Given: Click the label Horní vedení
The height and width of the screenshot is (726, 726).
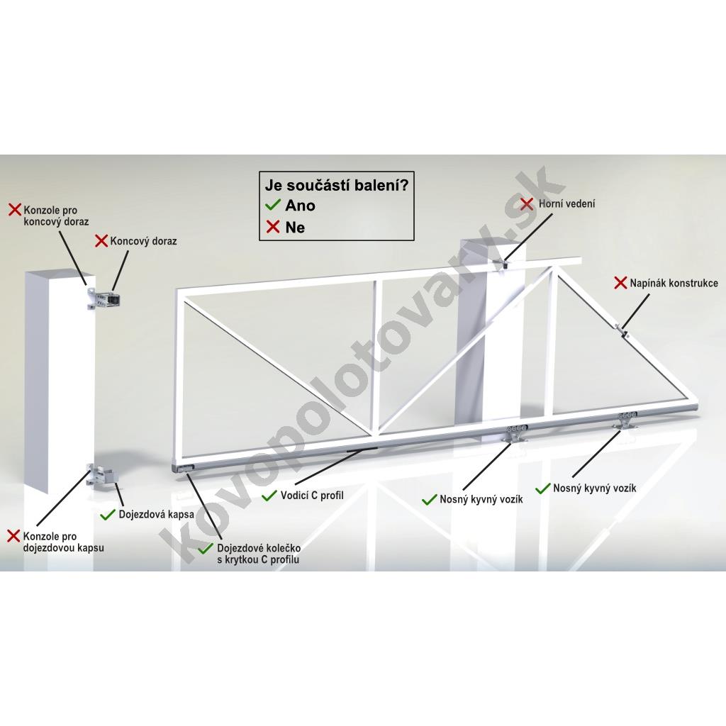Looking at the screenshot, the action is point(566,203).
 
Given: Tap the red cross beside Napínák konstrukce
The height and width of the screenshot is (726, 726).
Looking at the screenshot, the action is point(620,283).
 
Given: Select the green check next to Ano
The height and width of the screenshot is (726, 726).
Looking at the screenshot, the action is point(273,204).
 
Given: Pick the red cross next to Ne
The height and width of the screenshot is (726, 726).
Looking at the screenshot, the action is point(273,227).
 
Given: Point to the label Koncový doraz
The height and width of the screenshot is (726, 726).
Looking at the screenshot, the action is point(143,241).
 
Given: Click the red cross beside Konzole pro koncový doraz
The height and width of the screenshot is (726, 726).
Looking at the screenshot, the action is point(16,209).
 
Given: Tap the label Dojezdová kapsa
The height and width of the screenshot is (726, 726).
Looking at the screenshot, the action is point(156,515).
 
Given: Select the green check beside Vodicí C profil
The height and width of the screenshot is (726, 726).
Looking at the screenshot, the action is point(269,496).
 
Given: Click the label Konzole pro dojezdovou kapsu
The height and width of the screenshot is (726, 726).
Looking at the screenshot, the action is point(63,542).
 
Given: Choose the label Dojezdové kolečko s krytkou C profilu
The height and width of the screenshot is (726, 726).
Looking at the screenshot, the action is point(258,554).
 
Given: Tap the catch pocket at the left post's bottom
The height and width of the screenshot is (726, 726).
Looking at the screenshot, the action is point(104,476).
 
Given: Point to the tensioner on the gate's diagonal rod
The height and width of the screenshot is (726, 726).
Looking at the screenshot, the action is point(622,331).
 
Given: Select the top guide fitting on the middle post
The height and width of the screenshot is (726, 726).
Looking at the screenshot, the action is point(503,264).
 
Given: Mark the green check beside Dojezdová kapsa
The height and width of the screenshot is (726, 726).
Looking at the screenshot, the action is point(108,514).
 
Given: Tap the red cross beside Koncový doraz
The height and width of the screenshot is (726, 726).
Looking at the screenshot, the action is point(101,241).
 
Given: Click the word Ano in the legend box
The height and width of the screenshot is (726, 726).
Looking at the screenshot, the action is point(300,205).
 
